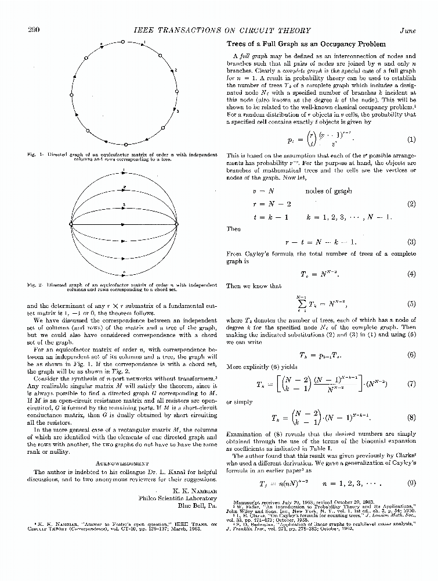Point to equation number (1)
(411, 139)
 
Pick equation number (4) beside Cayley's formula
(411, 274)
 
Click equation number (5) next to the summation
(411, 303)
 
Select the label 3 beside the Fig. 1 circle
(178, 110)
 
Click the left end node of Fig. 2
(71, 224)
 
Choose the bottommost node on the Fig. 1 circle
(125, 144)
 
